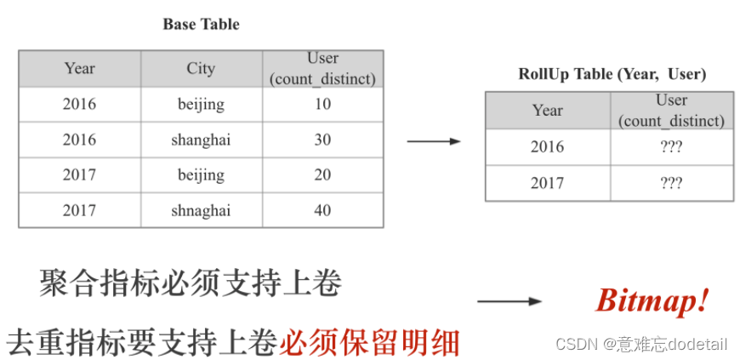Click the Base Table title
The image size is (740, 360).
[201, 25]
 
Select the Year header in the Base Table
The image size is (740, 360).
[79, 68]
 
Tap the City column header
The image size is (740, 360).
[201, 68]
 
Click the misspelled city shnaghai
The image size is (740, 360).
[201, 210]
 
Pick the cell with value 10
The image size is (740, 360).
[322, 104]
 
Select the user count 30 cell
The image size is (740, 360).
[322, 140]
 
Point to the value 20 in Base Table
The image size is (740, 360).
[322, 174]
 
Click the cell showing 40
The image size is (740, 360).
[322, 210]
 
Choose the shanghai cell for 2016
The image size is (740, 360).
[201, 140]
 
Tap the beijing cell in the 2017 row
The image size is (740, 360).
[201, 174]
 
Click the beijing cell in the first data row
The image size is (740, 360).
[201, 104]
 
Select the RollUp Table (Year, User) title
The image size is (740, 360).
[612, 74]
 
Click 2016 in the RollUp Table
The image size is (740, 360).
[547, 146]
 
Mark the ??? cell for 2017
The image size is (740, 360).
[671, 183]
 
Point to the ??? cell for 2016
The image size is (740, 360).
[671, 146]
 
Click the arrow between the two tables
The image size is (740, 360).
[433, 141]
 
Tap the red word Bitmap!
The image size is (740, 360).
[652, 300]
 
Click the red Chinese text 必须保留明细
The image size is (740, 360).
[369, 342]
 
